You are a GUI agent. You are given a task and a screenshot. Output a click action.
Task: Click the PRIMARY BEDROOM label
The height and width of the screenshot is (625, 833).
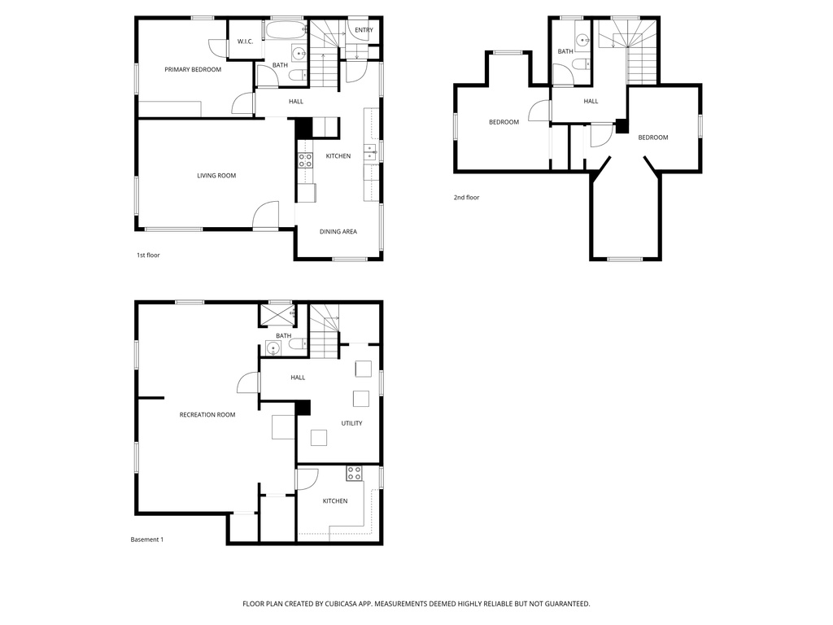click(x=193, y=70)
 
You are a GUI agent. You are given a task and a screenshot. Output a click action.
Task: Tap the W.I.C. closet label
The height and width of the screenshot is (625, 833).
click(x=245, y=42)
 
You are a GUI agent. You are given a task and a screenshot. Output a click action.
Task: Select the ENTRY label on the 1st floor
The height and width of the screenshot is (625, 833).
click(x=364, y=31)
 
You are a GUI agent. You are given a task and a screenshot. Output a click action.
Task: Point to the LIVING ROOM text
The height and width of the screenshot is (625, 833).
click(x=216, y=176)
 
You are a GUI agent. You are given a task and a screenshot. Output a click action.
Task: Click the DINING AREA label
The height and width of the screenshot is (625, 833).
click(x=338, y=232)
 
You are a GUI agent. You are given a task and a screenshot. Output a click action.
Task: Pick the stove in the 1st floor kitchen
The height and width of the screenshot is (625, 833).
click(x=305, y=160)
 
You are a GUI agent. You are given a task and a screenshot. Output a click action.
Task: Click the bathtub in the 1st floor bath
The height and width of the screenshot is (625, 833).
click(x=286, y=33)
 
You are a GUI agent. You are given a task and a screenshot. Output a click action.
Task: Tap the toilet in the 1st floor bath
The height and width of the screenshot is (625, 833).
click(x=297, y=76)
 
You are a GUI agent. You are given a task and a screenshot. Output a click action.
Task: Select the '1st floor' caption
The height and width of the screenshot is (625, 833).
click(x=148, y=256)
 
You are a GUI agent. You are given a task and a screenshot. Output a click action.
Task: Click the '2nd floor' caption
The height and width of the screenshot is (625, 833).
click(x=467, y=198)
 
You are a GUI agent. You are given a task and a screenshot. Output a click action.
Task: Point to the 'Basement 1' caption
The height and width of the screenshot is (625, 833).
click(x=147, y=540)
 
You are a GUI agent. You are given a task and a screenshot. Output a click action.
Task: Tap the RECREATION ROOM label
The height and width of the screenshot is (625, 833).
click(x=207, y=415)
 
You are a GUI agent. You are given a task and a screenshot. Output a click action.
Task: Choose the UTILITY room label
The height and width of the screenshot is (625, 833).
click(x=351, y=423)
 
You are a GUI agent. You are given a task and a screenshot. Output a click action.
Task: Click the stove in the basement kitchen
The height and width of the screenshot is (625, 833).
click(x=354, y=473)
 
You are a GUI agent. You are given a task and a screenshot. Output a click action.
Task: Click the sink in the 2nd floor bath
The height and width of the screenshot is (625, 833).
click(x=582, y=39)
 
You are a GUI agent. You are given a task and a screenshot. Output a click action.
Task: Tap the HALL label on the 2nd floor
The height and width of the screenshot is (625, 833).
click(x=591, y=102)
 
